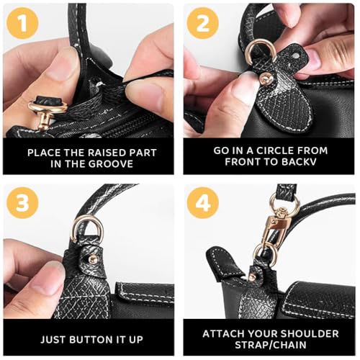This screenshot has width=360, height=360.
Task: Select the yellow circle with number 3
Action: (23, 203)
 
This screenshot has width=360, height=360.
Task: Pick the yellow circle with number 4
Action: (202, 203)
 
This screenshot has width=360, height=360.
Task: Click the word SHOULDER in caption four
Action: (307, 333)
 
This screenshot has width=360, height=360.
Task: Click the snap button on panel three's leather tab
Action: (92, 258)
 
